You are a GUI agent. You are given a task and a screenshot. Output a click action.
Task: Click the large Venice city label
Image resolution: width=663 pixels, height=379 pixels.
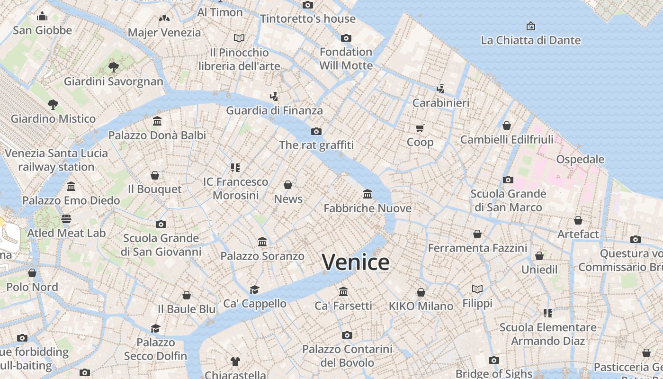pyautogui.click(x=356, y=262)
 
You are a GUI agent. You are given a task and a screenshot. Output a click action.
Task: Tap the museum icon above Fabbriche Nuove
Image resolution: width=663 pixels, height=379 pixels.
pyautogui.click(x=367, y=194)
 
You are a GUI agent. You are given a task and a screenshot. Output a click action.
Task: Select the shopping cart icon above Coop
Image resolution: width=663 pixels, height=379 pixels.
pyautogui.click(x=420, y=128)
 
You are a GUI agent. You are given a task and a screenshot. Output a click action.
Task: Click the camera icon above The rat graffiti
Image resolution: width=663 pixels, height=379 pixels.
pyautogui.click(x=316, y=131)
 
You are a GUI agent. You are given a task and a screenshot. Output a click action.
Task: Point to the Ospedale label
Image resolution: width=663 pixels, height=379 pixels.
pyautogui.click(x=580, y=159)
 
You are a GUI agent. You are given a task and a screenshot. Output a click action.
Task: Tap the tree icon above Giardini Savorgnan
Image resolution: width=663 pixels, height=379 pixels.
pyautogui.click(x=113, y=67)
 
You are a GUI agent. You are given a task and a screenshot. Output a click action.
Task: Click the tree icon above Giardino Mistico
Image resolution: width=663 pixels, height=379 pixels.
pyautogui.click(x=53, y=104)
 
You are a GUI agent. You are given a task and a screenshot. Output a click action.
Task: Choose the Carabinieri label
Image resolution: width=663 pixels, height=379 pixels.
pyautogui.click(x=441, y=103)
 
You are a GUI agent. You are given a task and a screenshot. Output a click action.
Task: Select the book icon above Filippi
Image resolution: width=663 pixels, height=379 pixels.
pyautogui.click(x=477, y=289)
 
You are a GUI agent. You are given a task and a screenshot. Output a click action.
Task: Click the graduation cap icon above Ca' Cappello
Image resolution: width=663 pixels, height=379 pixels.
pyautogui.click(x=255, y=289)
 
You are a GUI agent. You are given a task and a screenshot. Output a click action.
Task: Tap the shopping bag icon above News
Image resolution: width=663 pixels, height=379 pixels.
pyautogui.click(x=288, y=185)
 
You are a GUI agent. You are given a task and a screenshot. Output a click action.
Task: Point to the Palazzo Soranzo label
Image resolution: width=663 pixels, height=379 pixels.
pyautogui.click(x=262, y=256)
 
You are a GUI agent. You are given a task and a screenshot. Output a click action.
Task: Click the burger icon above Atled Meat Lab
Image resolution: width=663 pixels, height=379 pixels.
pyautogui.click(x=66, y=219)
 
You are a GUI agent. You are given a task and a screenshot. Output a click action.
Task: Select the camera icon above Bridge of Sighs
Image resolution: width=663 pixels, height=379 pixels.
pyautogui.click(x=494, y=361)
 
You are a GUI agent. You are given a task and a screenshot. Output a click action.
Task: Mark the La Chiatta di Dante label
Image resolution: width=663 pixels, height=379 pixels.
pyautogui.click(x=530, y=40)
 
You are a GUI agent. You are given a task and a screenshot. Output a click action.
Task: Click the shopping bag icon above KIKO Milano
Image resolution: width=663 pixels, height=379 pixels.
pyautogui.click(x=421, y=292)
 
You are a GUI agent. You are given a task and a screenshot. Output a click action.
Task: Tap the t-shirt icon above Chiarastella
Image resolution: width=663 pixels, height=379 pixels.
pyautogui.click(x=235, y=361)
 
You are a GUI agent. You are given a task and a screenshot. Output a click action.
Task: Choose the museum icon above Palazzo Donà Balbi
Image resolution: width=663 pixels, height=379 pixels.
pyautogui.click(x=157, y=121)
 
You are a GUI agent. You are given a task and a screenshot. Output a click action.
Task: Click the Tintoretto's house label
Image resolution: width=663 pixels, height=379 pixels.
pyautogui.click(x=308, y=19)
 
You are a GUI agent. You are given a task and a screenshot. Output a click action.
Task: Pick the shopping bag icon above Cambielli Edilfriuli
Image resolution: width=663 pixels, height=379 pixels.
pyautogui.click(x=507, y=126)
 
